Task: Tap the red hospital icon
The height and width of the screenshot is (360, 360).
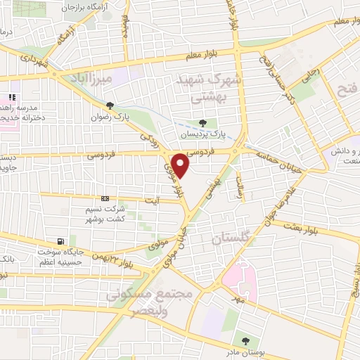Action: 11,97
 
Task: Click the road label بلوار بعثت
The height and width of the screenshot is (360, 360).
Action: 297,226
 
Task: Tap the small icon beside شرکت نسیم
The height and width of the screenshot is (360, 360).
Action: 105,198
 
